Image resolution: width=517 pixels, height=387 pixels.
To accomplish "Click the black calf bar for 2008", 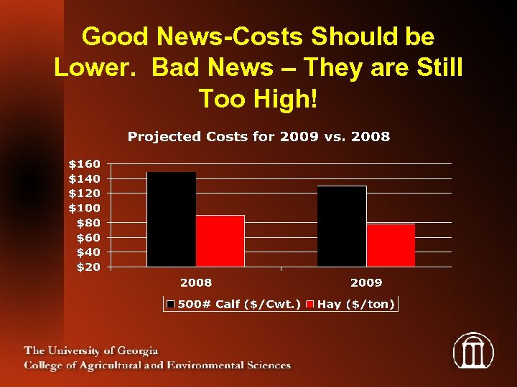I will click(x=171, y=219).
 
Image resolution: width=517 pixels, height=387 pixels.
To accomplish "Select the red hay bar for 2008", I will click(x=220, y=241).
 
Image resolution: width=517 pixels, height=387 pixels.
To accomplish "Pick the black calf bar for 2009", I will click(x=342, y=226).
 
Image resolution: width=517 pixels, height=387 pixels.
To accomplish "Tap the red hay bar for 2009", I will click(x=391, y=245).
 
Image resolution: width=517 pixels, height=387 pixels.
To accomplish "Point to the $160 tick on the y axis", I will click(x=84, y=163).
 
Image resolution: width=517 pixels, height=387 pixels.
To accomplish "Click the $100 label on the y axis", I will click(x=84, y=208).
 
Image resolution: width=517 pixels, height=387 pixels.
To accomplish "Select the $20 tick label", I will click(x=88, y=267).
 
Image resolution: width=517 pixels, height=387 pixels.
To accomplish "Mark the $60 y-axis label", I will click(x=88, y=237).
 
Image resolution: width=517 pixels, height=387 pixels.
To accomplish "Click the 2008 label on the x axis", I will click(x=195, y=282).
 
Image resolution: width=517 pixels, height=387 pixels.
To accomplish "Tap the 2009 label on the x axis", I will click(x=366, y=282).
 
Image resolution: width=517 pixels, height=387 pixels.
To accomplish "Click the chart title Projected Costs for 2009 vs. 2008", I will click(x=258, y=137).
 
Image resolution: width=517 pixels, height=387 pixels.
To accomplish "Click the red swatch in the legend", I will click(x=310, y=305).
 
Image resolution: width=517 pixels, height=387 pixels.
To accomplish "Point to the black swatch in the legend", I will click(x=171, y=305).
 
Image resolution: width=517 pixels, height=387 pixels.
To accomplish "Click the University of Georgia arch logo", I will click(x=473, y=350).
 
